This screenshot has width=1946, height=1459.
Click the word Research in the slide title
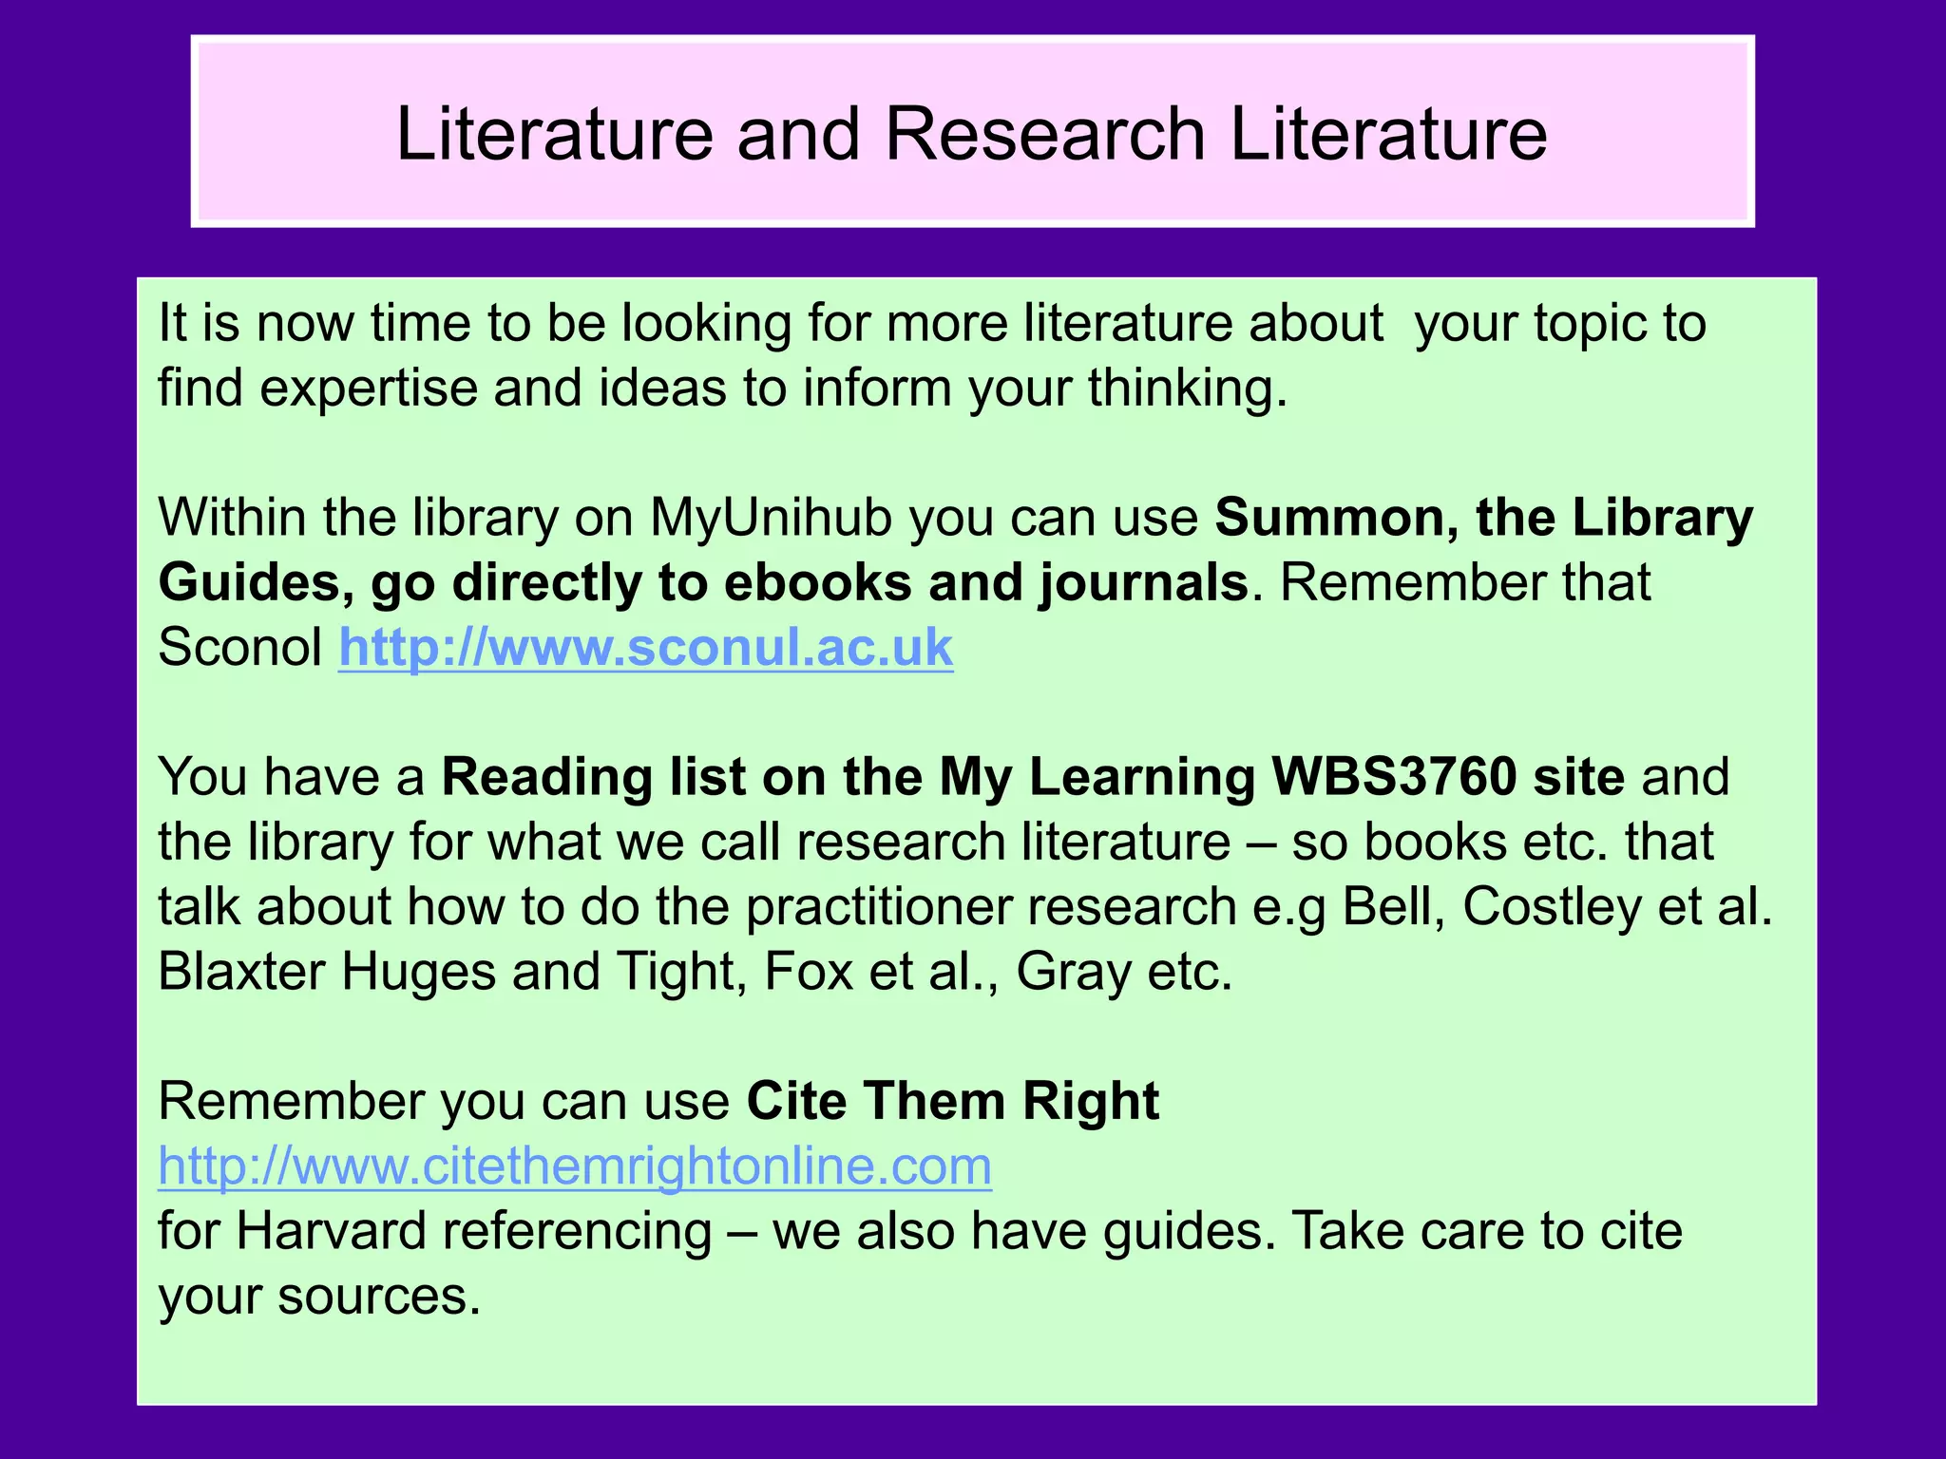(x=1045, y=134)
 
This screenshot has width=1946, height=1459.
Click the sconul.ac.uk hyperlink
(x=645, y=648)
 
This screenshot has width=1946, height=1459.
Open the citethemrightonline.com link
(x=575, y=1165)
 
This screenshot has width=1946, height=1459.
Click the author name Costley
(x=1551, y=907)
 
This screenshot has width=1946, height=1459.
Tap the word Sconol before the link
(x=240, y=648)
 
